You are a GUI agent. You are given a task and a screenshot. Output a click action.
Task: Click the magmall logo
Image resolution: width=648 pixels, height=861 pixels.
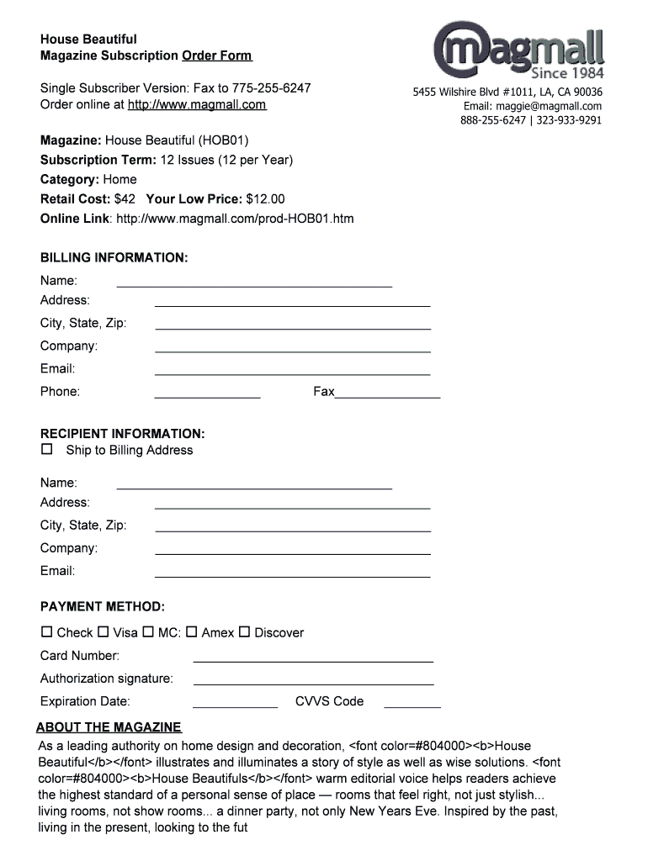point(519,49)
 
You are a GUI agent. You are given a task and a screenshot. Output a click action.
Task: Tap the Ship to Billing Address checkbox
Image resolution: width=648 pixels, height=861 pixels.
point(47,450)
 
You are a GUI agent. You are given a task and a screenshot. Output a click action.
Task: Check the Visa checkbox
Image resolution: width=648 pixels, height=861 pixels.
point(104,631)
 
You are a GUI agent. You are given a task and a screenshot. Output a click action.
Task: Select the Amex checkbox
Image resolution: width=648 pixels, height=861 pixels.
point(191,631)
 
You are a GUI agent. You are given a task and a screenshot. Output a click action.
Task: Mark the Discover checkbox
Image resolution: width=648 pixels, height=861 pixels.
point(245,631)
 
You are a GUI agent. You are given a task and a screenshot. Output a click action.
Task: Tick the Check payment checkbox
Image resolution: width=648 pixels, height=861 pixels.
point(46,631)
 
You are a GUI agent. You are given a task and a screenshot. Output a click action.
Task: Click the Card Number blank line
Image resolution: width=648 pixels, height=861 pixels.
point(313,661)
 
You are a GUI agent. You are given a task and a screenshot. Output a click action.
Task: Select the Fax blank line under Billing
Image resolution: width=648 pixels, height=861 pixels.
point(387,396)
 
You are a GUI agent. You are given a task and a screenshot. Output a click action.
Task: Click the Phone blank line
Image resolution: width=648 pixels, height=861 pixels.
point(207,396)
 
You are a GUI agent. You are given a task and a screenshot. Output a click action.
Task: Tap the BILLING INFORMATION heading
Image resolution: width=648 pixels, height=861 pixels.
point(114,258)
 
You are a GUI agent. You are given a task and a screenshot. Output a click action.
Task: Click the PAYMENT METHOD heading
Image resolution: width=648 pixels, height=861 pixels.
point(103,607)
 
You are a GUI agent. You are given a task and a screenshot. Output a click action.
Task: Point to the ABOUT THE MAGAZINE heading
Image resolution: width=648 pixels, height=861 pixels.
point(109,727)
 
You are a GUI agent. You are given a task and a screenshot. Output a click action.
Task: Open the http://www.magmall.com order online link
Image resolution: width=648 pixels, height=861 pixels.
point(196,105)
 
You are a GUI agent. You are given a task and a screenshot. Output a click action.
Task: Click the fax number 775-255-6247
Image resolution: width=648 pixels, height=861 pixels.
point(272,88)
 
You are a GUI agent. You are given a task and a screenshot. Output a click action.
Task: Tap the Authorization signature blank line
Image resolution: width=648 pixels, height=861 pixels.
point(313,684)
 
